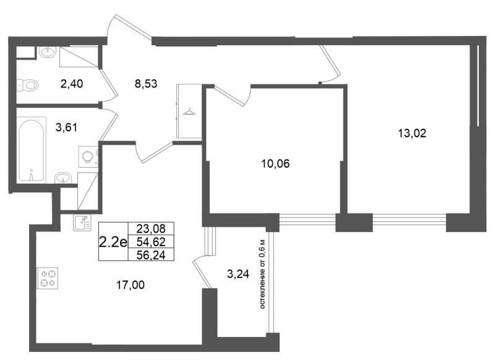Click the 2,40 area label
tap(72, 84)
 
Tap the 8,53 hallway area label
tap(146, 84)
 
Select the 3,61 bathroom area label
tap(66, 127)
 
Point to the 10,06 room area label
tap(275, 164)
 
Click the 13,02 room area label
tap(412, 134)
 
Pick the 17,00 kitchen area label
tap(131, 285)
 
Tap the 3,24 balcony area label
tap(238, 274)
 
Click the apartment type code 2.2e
tap(113, 242)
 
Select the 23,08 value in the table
tap(151, 228)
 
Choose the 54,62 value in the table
tap(151, 242)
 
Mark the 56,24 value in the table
tap(151, 255)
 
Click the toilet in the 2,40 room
tap(28, 85)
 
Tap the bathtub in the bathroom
tap(30, 150)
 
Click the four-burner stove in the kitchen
tap(48, 278)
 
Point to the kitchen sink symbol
tap(82, 223)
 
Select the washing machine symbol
tap(88, 156)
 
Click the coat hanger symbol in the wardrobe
tap(189, 111)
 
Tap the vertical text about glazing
tap(262, 274)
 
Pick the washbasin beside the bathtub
tap(63, 178)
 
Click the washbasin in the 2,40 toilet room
tap(48, 52)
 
